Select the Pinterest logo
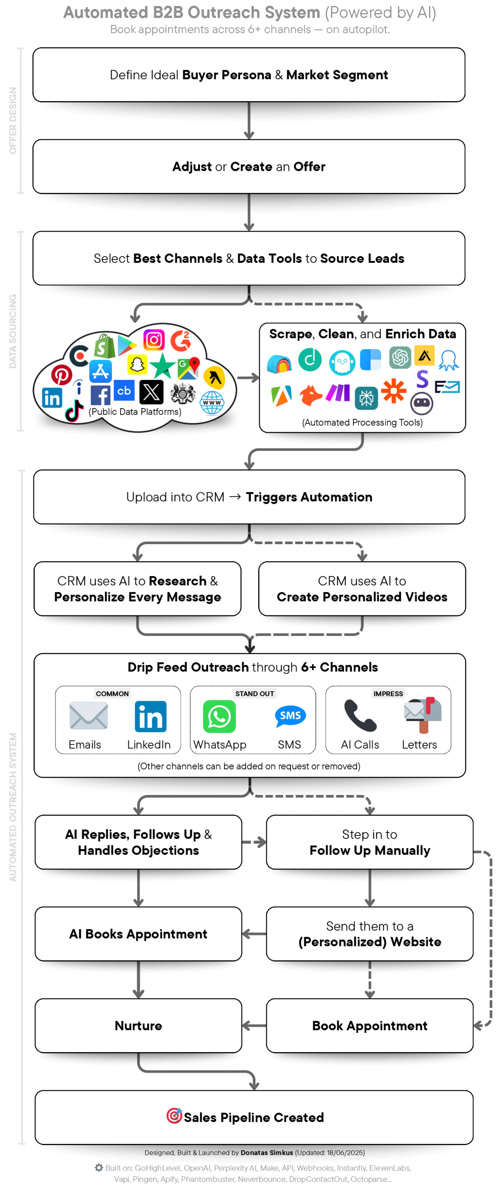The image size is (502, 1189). click(61, 374)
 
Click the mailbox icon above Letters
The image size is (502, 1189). click(423, 714)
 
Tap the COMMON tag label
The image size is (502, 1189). click(112, 693)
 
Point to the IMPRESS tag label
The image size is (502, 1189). click(388, 693)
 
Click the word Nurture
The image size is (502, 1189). click(138, 1026)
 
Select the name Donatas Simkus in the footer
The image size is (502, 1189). click(267, 1153)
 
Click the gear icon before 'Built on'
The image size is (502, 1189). click(99, 1167)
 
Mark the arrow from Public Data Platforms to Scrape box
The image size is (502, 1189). click(248, 378)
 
